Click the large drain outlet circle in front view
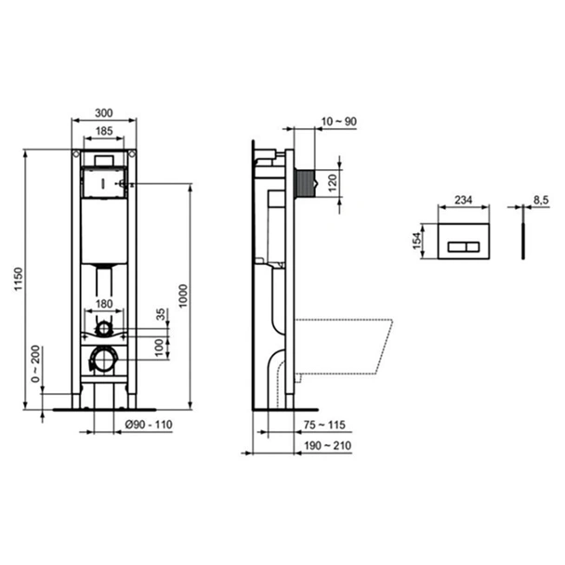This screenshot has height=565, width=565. click(x=104, y=358)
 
